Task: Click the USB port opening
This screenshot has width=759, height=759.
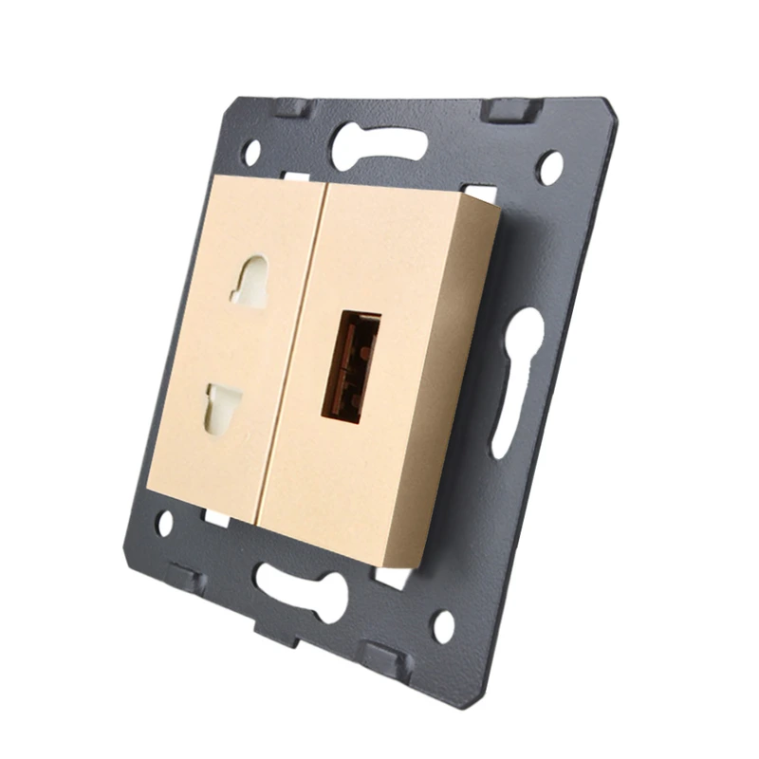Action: point(350,366)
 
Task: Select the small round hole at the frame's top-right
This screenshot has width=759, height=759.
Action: point(549,167)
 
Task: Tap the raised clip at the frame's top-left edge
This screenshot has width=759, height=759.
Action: point(290,106)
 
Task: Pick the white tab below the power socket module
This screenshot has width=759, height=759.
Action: point(216,517)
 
